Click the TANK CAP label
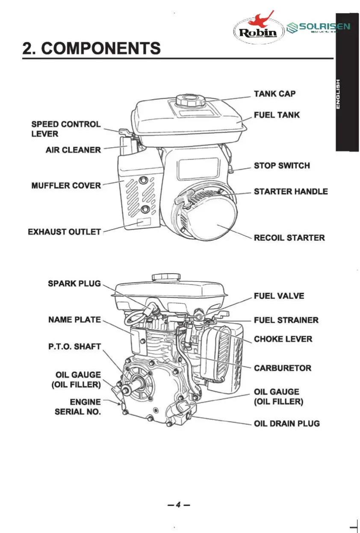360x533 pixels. pos(274,94)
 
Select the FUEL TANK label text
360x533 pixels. pos(277,115)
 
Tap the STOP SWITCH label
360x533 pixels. pos(282,165)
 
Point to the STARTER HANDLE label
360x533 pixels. pos(291,191)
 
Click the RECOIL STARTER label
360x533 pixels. pos(289,238)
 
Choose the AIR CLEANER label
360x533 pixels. pos(74,150)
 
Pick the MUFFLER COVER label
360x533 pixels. pos(66,186)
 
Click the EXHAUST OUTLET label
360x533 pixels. pos(65,232)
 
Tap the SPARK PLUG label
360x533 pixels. pos(74,283)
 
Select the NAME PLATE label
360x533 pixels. pos(74,320)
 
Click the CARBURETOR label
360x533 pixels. pos(283,368)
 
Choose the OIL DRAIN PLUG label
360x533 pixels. pos(286,424)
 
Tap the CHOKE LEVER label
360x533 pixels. pos(283,339)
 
